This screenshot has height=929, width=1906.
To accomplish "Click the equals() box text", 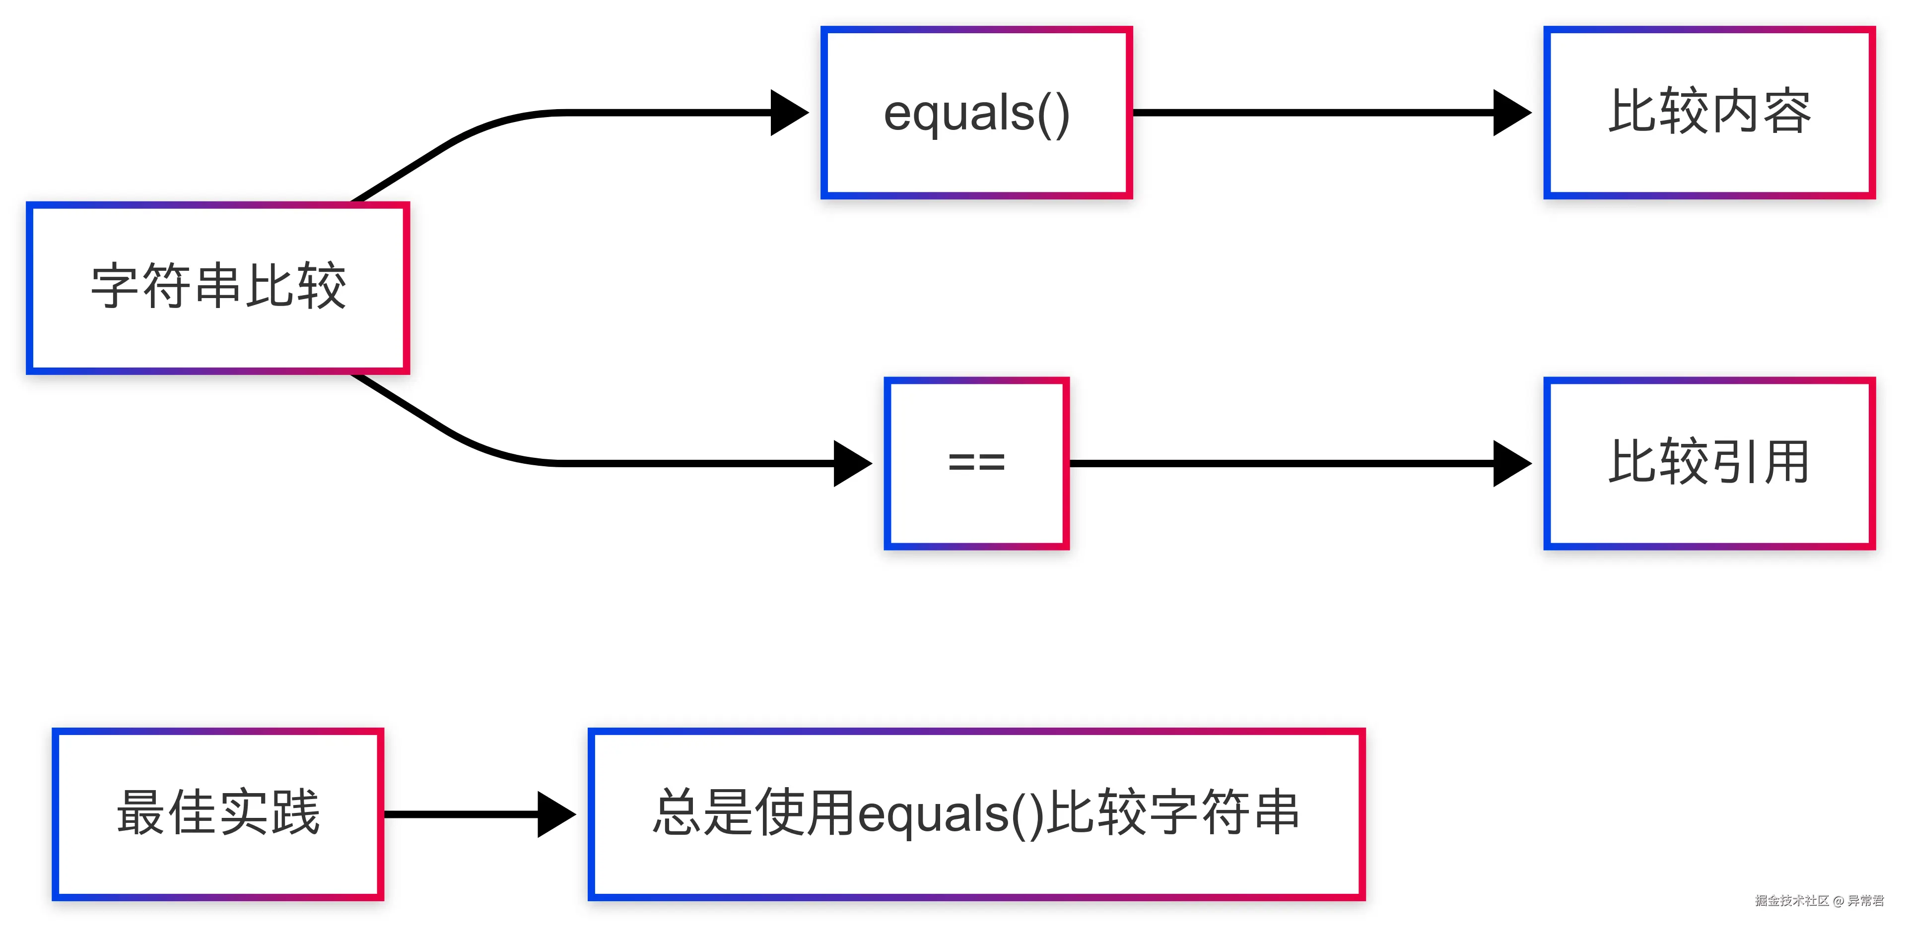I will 977,113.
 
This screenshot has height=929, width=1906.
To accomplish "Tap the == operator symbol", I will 977,463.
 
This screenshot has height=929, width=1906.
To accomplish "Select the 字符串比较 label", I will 218,286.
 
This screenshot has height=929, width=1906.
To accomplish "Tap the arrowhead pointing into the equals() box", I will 789,113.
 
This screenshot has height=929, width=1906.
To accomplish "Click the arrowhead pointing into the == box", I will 852,464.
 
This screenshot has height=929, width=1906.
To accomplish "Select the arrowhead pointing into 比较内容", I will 1511,113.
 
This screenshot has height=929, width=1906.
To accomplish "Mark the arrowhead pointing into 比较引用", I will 1511,464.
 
